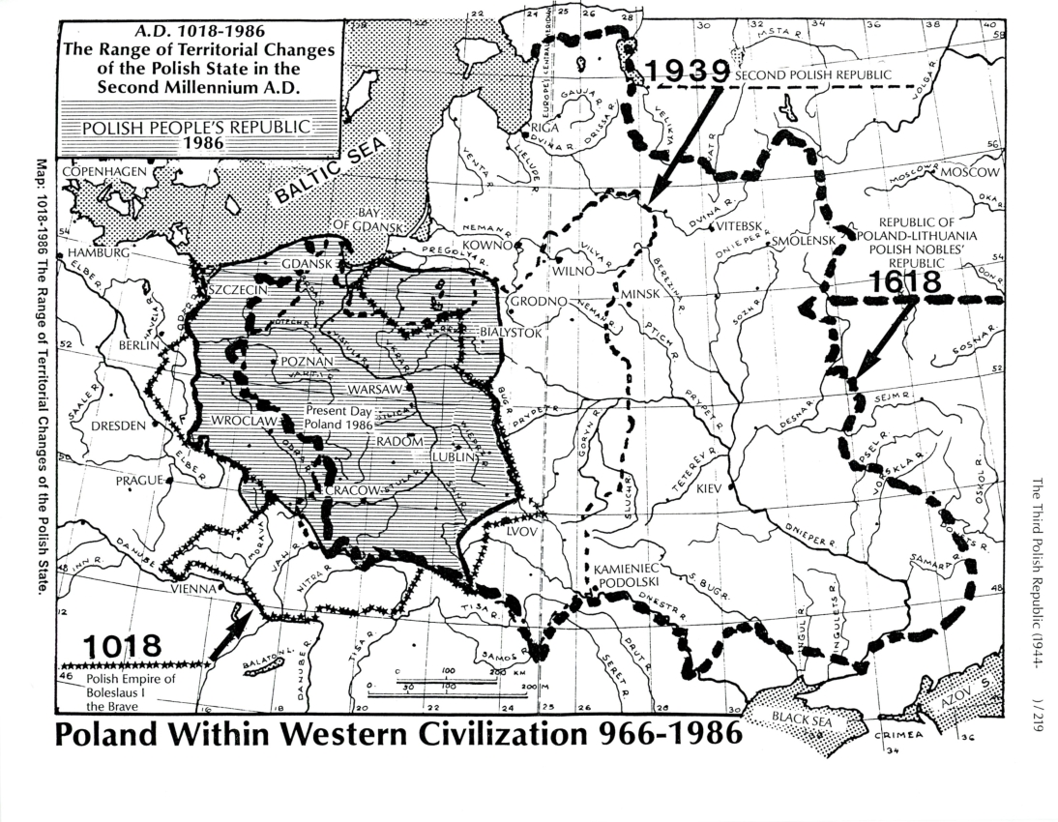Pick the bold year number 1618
(903, 282)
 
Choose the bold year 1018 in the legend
(120, 645)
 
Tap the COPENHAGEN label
(103, 171)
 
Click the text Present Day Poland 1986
(338, 417)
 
